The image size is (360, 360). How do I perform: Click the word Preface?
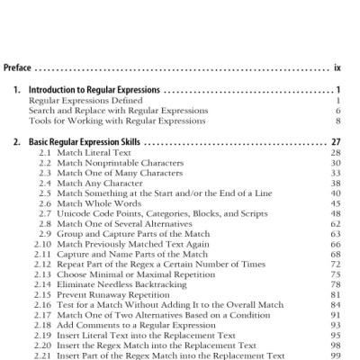17,67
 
